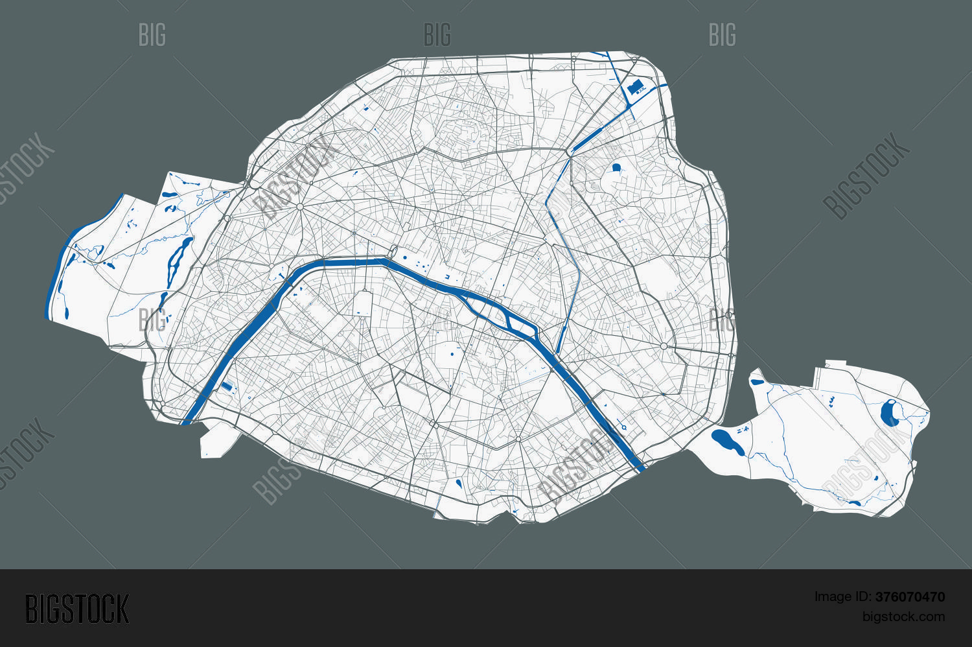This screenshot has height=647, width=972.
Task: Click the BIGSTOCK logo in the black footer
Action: (76, 609)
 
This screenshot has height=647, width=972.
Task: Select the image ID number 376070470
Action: (910, 597)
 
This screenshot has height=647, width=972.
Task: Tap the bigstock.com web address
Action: (903, 617)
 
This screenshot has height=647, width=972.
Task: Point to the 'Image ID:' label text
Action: (843, 597)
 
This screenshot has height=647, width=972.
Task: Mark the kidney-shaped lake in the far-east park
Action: (890, 411)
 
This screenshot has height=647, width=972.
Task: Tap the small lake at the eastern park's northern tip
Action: (756, 382)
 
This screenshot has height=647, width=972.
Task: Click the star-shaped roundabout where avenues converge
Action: (300, 207)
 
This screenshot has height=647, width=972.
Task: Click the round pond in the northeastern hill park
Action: (616, 168)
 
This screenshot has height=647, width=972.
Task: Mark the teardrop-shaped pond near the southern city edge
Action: (459, 483)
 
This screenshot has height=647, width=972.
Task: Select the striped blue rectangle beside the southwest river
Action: (226, 386)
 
